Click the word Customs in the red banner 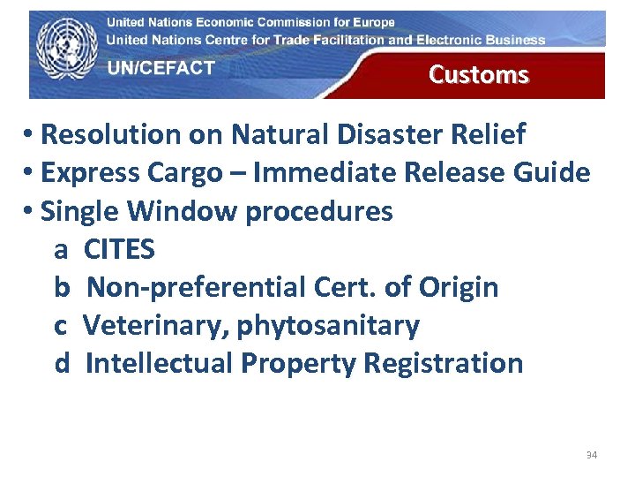coord(478,75)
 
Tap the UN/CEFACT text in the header coord(161,69)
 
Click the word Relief coord(490,135)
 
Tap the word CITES coord(119,250)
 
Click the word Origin coord(459,288)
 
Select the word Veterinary coord(153,326)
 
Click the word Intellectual coord(158,363)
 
